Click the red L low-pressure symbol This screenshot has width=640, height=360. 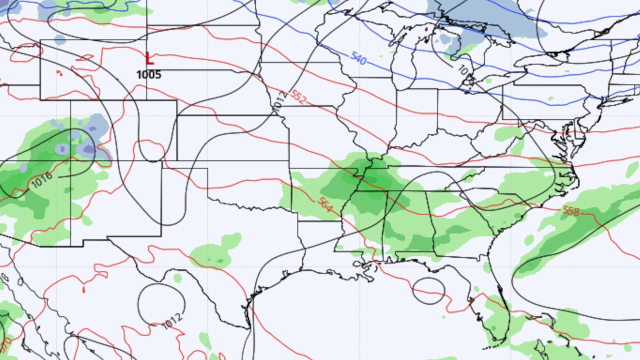[x=149, y=58]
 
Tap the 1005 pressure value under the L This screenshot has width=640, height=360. [x=148, y=75]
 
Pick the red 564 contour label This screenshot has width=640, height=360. [x=324, y=204]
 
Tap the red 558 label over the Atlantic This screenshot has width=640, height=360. [x=571, y=211]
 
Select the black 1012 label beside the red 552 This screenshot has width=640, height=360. [x=279, y=98]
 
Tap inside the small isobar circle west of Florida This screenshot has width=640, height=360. [x=428, y=290]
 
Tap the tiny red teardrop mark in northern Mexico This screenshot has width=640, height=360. [x=83, y=289]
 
